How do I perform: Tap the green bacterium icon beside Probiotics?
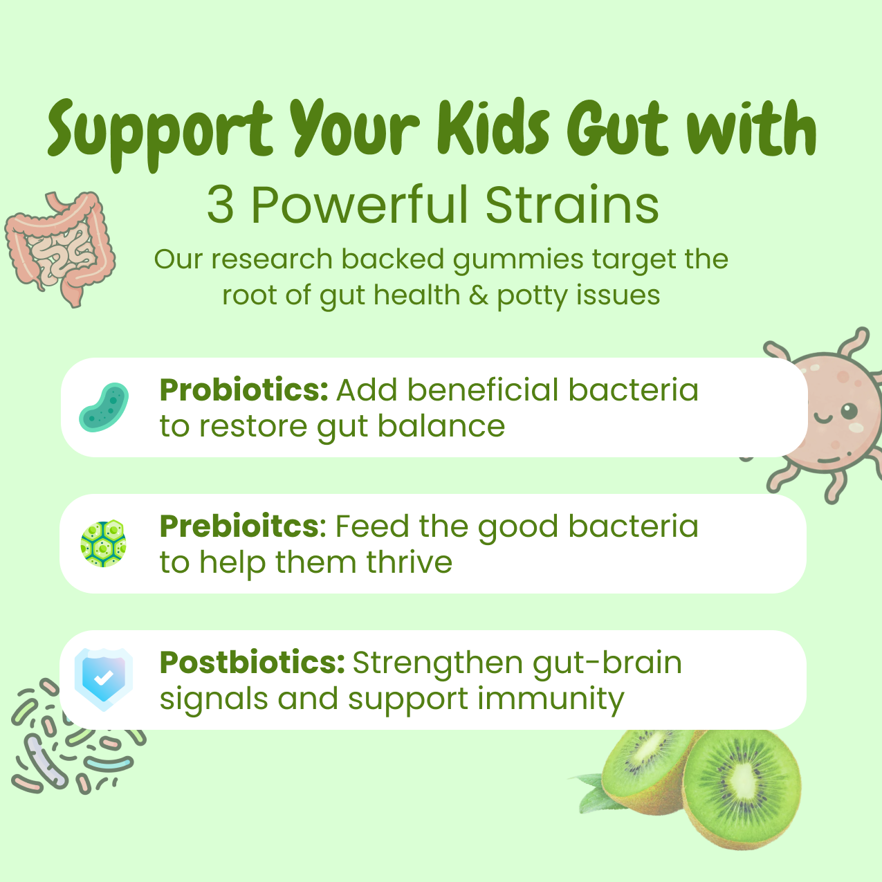point(104,407)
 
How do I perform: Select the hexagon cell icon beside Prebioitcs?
point(104,544)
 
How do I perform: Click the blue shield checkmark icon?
point(103,679)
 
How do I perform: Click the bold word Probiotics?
point(244,390)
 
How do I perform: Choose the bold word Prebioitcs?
point(239,526)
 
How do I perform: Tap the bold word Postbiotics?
point(252,663)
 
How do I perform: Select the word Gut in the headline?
point(618,130)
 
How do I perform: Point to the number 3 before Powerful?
point(220,205)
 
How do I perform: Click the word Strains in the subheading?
point(571,205)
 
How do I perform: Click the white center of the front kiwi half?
point(744,782)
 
